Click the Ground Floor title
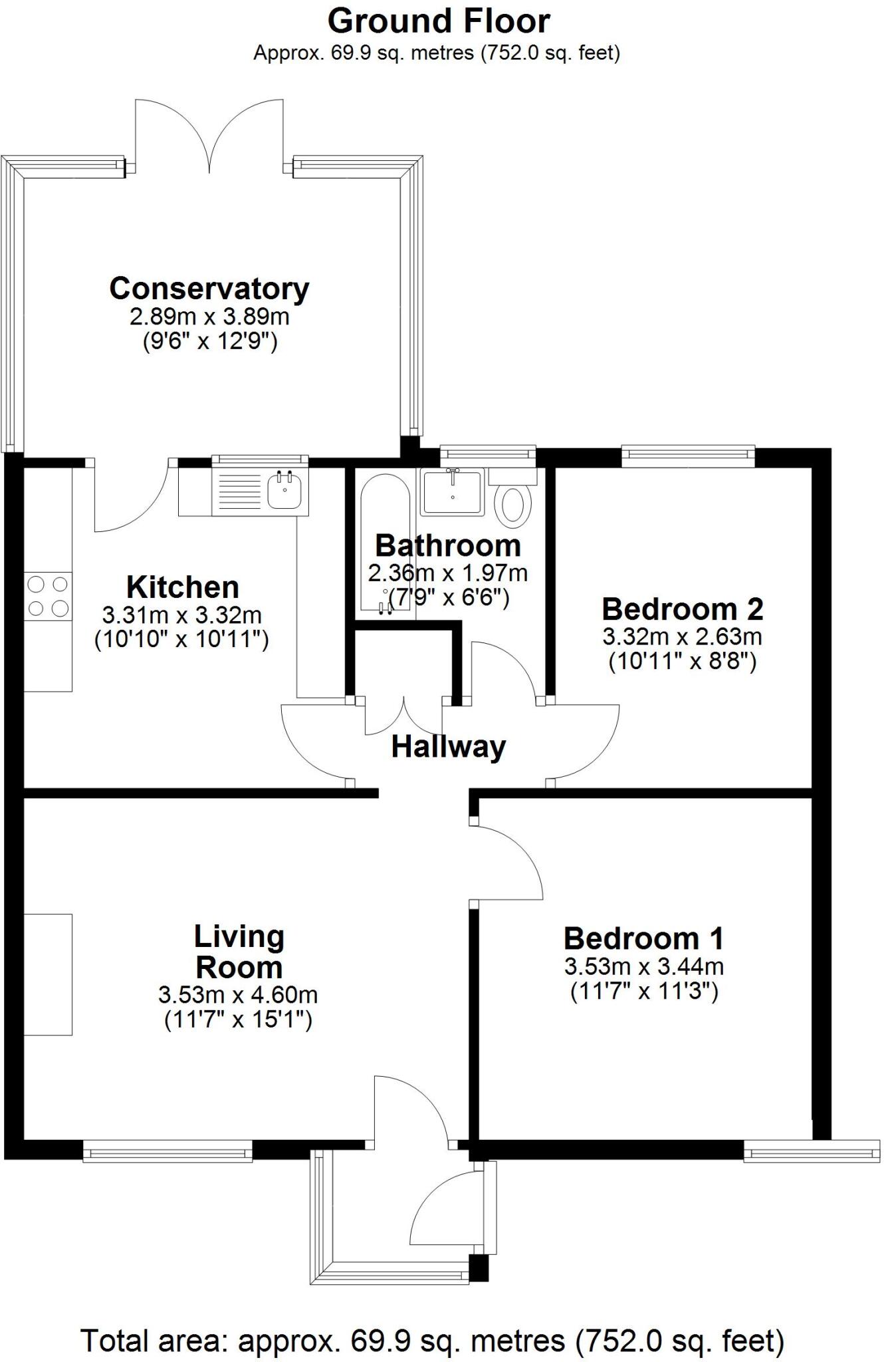pyautogui.click(x=439, y=21)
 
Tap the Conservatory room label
pyautogui.click(x=209, y=289)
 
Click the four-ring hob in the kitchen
pyautogui.click(x=48, y=596)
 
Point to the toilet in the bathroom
pyautogui.click(x=513, y=504)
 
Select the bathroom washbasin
pyautogui.click(x=453, y=491)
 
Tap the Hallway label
pyautogui.click(x=448, y=747)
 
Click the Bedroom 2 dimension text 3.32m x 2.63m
pyautogui.click(x=682, y=636)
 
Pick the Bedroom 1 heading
pyautogui.click(x=643, y=938)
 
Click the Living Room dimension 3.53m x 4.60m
pyautogui.click(x=238, y=995)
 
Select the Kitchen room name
pyautogui.click(x=183, y=587)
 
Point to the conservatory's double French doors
pyautogui.click(x=210, y=136)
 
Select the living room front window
pyautogui.click(x=167, y=1151)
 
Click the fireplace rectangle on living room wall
pyautogui.click(x=48, y=974)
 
